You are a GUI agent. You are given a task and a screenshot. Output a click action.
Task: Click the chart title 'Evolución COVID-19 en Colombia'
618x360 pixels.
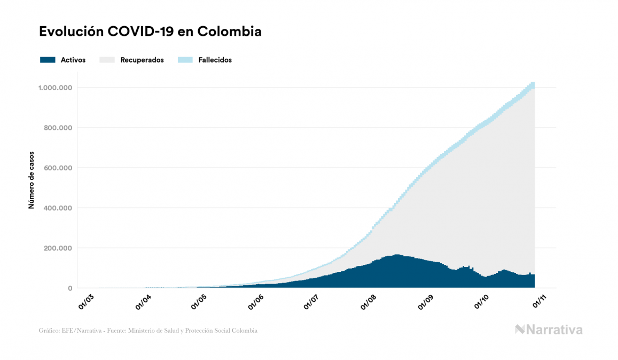(x=150, y=32)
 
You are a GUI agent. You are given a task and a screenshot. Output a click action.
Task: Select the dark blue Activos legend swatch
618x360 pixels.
(x=48, y=60)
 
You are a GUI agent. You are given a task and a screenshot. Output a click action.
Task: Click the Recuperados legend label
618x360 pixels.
(x=142, y=60)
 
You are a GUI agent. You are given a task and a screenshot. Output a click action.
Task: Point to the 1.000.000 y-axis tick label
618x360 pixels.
(x=56, y=88)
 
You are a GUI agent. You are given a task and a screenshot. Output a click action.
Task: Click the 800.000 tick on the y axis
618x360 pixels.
(x=59, y=128)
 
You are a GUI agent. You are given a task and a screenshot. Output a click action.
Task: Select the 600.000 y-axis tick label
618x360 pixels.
(x=59, y=168)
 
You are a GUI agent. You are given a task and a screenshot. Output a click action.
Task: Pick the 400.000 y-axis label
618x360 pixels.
(x=59, y=208)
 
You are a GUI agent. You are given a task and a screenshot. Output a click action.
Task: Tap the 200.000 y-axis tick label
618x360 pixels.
(x=59, y=248)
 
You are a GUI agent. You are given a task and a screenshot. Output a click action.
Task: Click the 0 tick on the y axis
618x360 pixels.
(x=70, y=288)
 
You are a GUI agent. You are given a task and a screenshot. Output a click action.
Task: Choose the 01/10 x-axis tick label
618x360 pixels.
(x=483, y=300)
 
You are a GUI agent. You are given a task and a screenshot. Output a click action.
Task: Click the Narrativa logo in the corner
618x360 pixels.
(x=549, y=330)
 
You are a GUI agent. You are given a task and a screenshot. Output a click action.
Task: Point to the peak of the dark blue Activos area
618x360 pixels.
(x=397, y=255)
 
